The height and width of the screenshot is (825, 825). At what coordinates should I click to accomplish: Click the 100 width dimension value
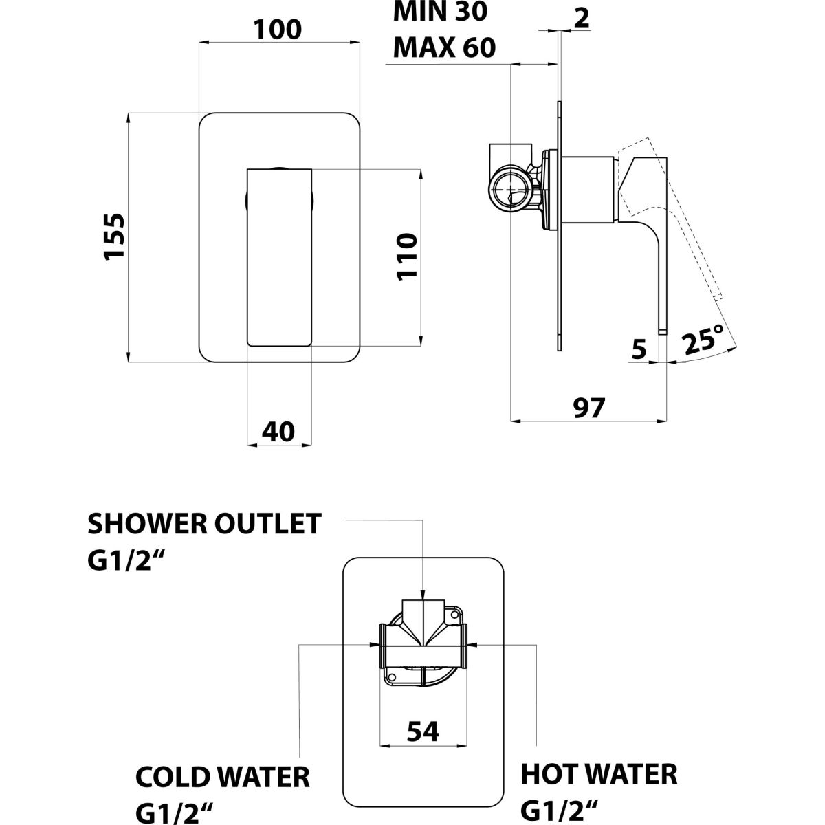point(278,30)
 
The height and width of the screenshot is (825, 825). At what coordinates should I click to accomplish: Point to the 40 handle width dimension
point(278,431)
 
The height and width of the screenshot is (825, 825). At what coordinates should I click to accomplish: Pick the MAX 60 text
point(443,48)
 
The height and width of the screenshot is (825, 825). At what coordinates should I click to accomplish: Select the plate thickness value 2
point(581,18)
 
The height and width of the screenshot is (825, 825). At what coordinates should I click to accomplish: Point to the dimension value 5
point(639,351)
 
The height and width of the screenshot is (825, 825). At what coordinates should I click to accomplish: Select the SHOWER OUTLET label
point(204,524)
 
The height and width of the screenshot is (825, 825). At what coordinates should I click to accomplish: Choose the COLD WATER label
point(223,778)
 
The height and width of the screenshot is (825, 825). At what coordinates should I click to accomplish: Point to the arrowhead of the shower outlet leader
point(423,593)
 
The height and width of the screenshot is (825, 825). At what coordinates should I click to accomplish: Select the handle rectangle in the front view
point(279,256)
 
